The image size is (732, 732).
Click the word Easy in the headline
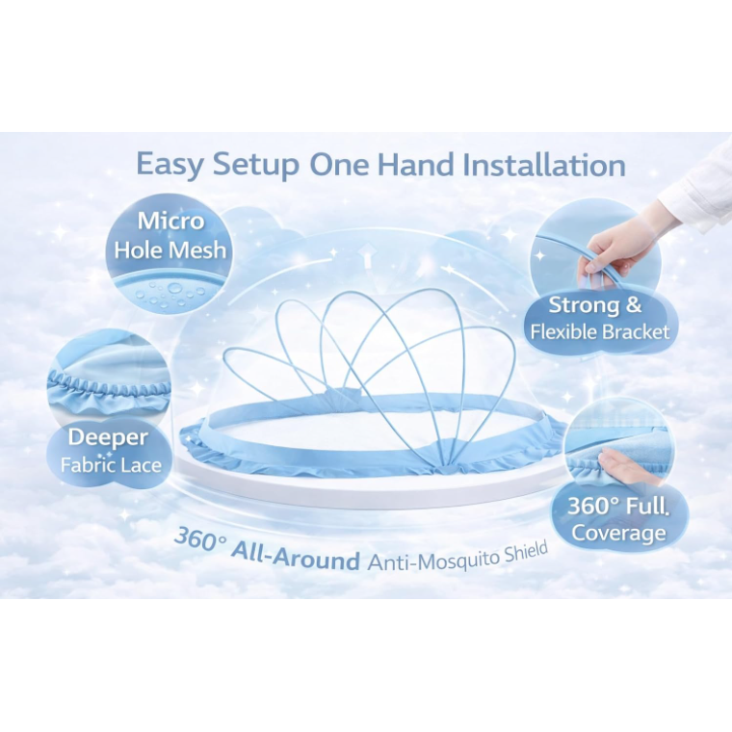170,165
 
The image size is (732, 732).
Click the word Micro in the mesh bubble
170,221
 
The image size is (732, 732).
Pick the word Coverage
618,533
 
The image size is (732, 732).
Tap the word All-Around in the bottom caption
296,556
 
